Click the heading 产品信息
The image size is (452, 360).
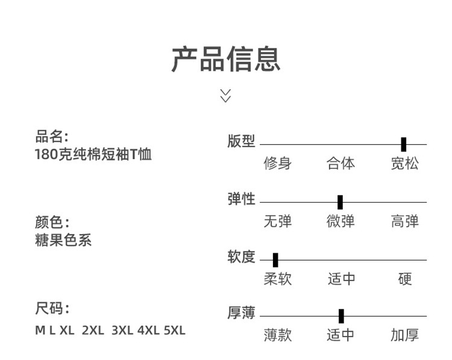point(226,59)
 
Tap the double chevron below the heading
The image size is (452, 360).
point(225,95)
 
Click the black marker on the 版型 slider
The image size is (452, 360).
point(403,144)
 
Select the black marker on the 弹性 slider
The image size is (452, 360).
point(340,202)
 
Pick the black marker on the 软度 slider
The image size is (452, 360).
point(275,260)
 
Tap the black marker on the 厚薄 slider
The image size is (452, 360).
point(341,316)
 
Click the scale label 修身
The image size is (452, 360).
point(277,163)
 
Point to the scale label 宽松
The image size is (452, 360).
point(404,163)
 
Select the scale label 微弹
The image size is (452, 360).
point(341,221)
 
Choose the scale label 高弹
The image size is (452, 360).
point(404,221)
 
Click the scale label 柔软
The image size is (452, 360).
point(277,279)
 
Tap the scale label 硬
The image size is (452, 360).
point(405,279)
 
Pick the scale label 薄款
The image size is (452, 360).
point(277,335)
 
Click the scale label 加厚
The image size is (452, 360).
point(404,335)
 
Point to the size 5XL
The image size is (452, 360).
point(175,330)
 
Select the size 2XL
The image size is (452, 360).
point(93,330)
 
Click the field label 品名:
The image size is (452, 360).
point(52,136)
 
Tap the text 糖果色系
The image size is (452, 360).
point(63,240)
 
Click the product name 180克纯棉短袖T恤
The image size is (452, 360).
point(93,155)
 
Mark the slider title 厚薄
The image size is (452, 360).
point(241,314)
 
